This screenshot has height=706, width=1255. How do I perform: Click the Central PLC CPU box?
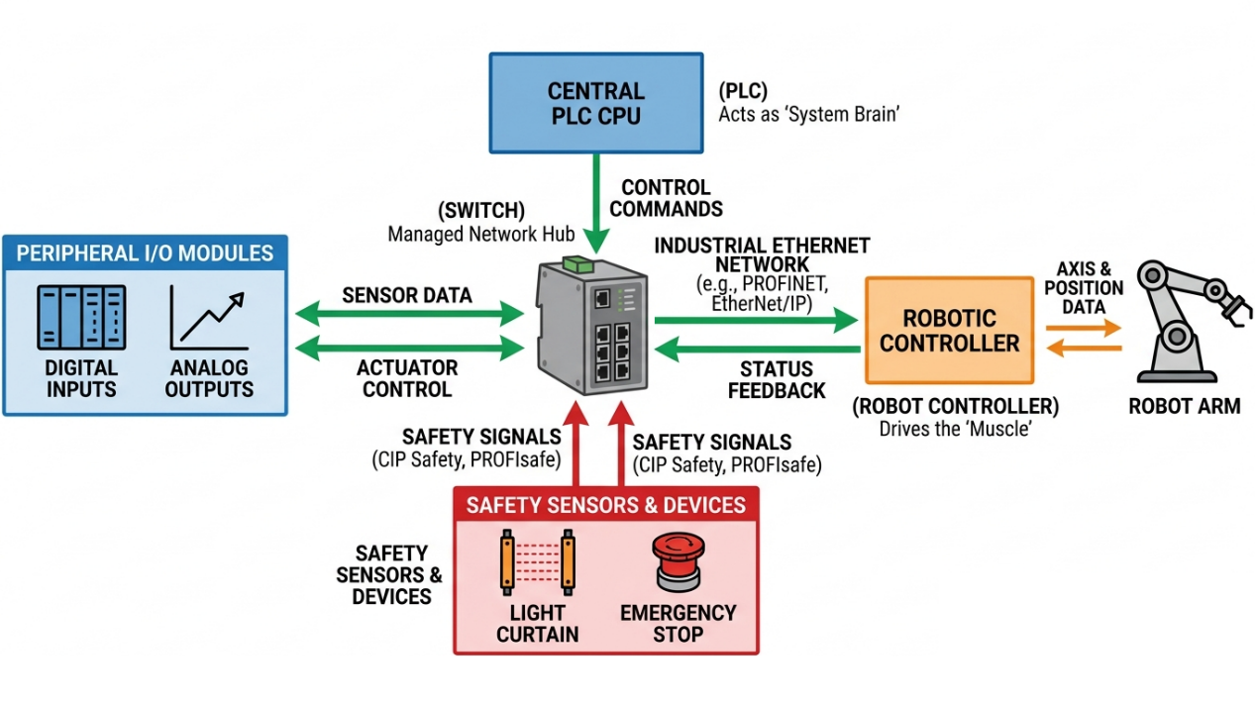[x=595, y=104]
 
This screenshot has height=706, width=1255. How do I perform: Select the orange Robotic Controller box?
[x=949, y=331]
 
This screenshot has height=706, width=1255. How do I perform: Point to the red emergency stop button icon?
[x=678, y=562]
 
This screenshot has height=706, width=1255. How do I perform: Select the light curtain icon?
[x=538, y=562]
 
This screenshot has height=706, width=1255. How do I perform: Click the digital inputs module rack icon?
[x=81, y=318]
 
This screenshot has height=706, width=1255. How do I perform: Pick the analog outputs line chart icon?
[x=208, y=318]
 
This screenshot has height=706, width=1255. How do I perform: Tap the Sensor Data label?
[x=407, y=295]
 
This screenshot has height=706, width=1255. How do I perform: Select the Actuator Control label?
[x=407, y=378]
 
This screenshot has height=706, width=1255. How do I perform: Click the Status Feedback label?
[x=777, y=380]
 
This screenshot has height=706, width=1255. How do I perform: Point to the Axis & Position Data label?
[x=1084, y=287]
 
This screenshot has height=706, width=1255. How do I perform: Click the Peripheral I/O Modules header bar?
[x=145, y=252]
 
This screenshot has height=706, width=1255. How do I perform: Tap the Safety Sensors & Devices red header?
[x=605, y=505]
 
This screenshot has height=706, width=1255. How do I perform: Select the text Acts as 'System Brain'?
[x=808, y=114]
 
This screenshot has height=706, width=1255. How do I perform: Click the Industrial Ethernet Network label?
[x=762, y=254]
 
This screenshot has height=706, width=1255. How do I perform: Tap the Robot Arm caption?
[x=1184, y=406]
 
